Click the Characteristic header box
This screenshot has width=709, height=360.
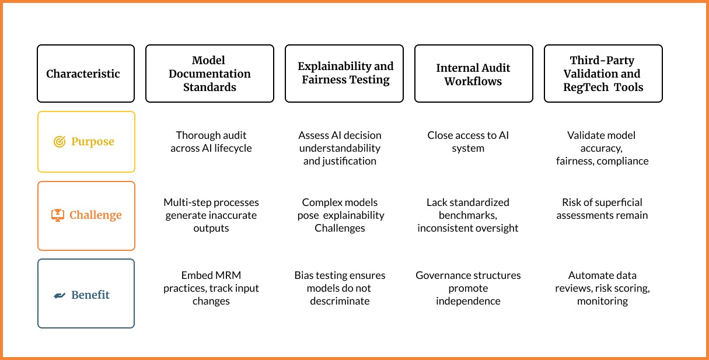coord(86,74)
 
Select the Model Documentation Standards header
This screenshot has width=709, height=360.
coord(209,74)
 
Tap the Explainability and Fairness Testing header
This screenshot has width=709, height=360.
coord(344,74)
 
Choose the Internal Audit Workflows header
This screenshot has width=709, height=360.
coord(473,74)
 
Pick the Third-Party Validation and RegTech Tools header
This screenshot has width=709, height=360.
coord(603,74)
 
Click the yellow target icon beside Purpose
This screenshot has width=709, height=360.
coord(60,142)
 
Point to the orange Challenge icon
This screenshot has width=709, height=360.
coord(58,215)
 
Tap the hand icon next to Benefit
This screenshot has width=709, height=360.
coord(60,295)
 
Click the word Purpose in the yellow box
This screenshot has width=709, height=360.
coord(92,142)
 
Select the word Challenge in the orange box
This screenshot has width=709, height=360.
coord(95,215)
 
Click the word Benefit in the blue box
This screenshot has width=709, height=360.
coord(90,295)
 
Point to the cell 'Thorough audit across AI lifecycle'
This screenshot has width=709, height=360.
coord(211,142)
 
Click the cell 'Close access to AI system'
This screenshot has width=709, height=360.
coord(468,142)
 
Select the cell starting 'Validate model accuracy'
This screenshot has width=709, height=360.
coord(602,148)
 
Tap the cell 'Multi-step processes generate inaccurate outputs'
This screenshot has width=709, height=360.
coord(211,215)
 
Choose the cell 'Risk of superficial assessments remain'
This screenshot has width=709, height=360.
coord(602,209)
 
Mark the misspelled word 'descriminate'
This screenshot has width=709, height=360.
coord(340,301)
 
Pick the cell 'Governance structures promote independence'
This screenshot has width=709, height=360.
coord(468,288)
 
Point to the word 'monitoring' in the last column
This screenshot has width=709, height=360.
coord(602,301)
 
